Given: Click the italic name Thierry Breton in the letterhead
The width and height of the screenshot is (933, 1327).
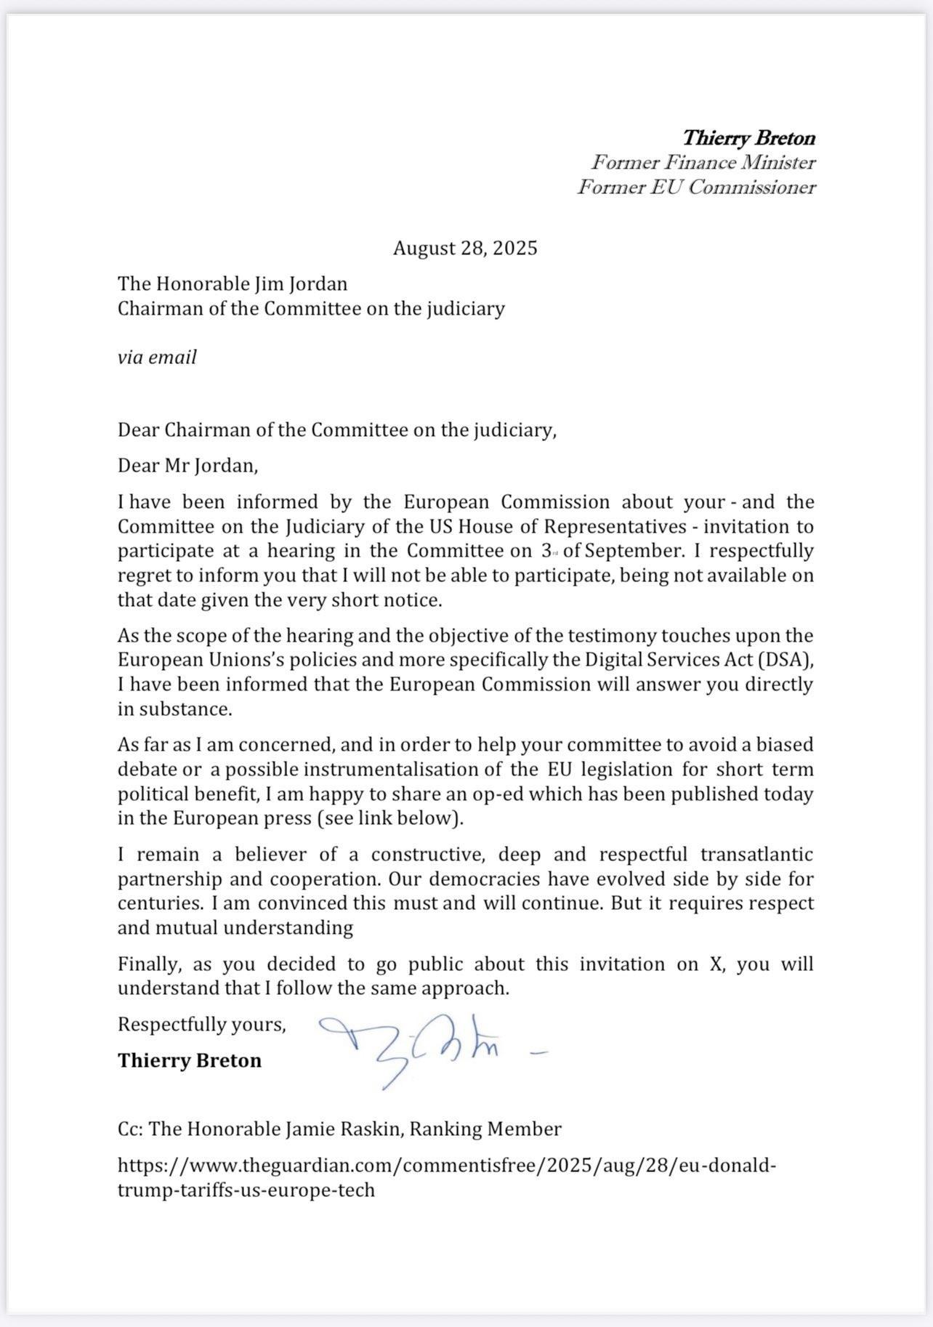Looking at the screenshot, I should click(748, 137).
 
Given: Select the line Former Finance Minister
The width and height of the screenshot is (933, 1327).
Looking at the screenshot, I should click(703, 162).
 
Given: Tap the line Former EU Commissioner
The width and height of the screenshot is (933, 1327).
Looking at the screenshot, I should click(695, 187).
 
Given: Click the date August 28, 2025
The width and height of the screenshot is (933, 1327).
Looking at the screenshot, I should click(465, 249).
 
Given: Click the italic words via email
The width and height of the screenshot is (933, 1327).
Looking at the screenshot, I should click(157, 357).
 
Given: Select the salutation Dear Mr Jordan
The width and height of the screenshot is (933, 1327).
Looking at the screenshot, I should click(187, 465).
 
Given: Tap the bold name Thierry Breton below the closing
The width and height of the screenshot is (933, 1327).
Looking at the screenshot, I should click(190, 1060).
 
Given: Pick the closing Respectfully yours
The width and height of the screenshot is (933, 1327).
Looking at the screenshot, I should click(201, 1024).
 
